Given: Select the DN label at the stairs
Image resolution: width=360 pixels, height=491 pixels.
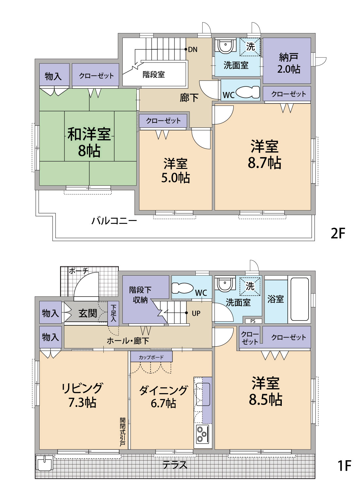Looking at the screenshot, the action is click(x=192, y=49).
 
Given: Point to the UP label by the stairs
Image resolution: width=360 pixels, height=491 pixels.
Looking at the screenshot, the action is click(x=196, y=314).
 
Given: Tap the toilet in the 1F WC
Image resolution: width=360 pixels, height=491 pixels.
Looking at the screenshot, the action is click(x=182, y=288).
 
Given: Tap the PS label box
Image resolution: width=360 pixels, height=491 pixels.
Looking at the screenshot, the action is click(x=253, y=321).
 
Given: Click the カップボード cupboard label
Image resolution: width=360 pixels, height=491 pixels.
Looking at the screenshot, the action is click(x=151, y=357).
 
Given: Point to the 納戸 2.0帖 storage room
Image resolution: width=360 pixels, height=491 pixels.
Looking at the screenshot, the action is click(x=287, y=61).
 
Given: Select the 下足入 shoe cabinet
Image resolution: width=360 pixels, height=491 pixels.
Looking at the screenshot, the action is click(x=113, y=314).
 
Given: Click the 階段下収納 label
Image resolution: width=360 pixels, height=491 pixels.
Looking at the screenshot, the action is click(x=140, y=295).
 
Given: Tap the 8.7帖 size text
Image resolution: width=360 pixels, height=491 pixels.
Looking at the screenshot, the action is click(x=264, y=162).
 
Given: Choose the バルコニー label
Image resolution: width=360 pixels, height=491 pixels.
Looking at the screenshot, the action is click(x=114, y=221).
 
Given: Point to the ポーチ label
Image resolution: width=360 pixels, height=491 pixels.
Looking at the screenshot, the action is click(x=79, y=271).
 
